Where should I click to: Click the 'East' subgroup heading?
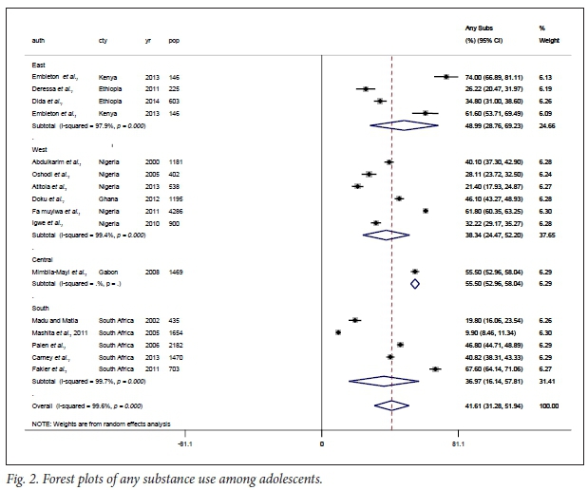tap(40, 63)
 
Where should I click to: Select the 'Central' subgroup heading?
tap(44, 258)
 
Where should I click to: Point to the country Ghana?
tap(108, 198)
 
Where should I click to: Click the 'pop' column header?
tap(174, 40)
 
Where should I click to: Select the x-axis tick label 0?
tap(322, 443)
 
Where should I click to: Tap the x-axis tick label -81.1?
tap(186, 443)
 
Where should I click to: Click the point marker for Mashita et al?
tap(338, 331)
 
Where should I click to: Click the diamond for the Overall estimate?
tap(390, 405)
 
